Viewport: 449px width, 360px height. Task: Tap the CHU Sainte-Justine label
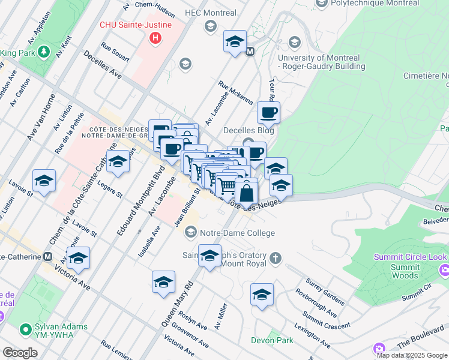(136, 25)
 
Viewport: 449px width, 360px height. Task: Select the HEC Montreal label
(211, 13)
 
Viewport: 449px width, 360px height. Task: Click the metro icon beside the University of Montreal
(250, 52)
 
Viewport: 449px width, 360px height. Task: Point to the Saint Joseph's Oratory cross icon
(276, 259)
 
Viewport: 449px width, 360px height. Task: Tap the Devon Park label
(272, 340)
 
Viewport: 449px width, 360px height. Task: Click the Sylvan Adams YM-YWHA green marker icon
(25, 329)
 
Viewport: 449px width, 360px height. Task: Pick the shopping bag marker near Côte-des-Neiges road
(246, 193)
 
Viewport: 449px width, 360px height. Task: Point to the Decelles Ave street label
(102, 67)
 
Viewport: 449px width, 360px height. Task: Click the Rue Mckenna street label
(236, 92)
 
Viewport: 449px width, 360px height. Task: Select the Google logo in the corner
(20, 353)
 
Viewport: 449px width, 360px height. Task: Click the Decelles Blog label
(249, 130)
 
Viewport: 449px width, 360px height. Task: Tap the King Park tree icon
(44, 53)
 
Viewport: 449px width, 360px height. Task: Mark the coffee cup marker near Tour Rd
(268, 112)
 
